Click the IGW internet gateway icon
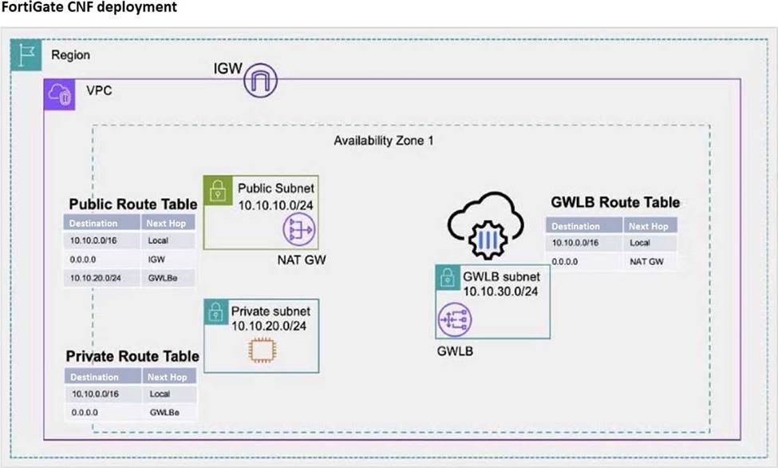click(x=260, y=80)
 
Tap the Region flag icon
click(x=26, y=54)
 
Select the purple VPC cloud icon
click(x=60, y=94)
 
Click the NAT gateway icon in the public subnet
click(x=299, y=229)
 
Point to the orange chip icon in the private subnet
click(x=263, y=351)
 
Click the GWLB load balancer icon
click(x=455, y=319)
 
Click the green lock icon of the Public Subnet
click(x=218, y=190)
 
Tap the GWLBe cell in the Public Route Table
click(x=163, y=278)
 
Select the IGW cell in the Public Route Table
click(x=156, y=260)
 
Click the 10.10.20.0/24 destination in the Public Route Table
click(x=95, y=278)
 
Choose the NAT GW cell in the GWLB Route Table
click(x=646, y=261)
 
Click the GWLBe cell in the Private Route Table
click(x=164, y=412)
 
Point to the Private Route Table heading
click(x=132, y=356)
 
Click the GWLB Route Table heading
click(x=615, y=202)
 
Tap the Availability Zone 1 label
click(x=384, y=141)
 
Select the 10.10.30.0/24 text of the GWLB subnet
click(x=500, y=292)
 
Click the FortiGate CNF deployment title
click(x=89, y=7)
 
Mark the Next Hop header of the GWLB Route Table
click(x=649, y=226)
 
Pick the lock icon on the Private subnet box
click(x=215, y=312)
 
